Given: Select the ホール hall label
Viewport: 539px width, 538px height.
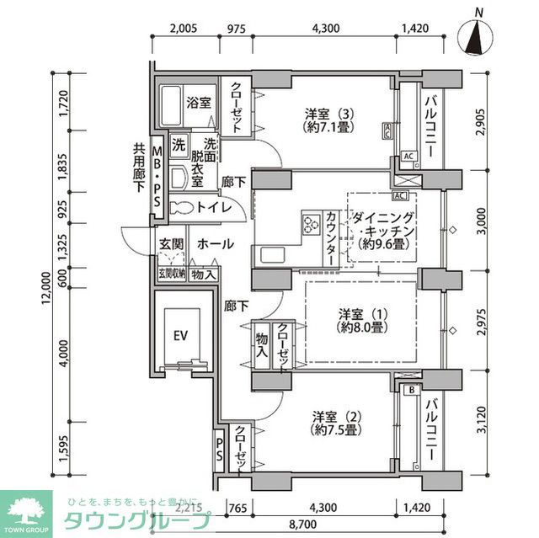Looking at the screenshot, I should (216, 244).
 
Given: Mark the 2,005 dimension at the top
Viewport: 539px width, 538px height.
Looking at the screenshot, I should (183, 29).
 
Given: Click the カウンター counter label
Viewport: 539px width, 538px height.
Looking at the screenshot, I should (330, 238).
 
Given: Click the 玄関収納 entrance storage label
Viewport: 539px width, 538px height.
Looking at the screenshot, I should (171, 274).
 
